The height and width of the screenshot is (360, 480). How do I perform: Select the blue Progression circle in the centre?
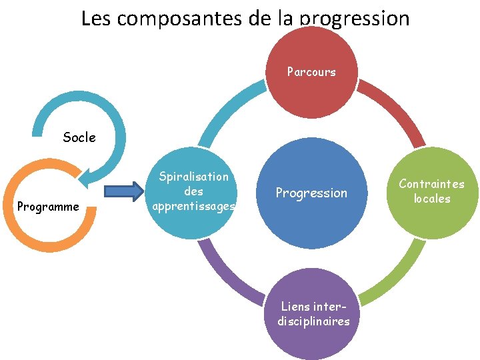pos(311,193)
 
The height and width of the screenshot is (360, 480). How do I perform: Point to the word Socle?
pos(79,138)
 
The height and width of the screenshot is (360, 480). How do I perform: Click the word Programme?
pos(48,207)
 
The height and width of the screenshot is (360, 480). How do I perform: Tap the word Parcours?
pos(311,71)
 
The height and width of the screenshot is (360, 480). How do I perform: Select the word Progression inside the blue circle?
pos(311,193)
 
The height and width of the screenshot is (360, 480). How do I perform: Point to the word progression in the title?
pos(355,18)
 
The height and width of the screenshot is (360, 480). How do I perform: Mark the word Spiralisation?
pos(193,177)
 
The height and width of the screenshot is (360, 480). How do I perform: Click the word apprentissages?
pos(193,206)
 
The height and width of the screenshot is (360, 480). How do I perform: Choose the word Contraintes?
pos(432,184)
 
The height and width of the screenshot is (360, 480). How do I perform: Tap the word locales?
pos(432,199)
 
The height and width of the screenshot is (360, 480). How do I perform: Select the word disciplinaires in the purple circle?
pos(313,321)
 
